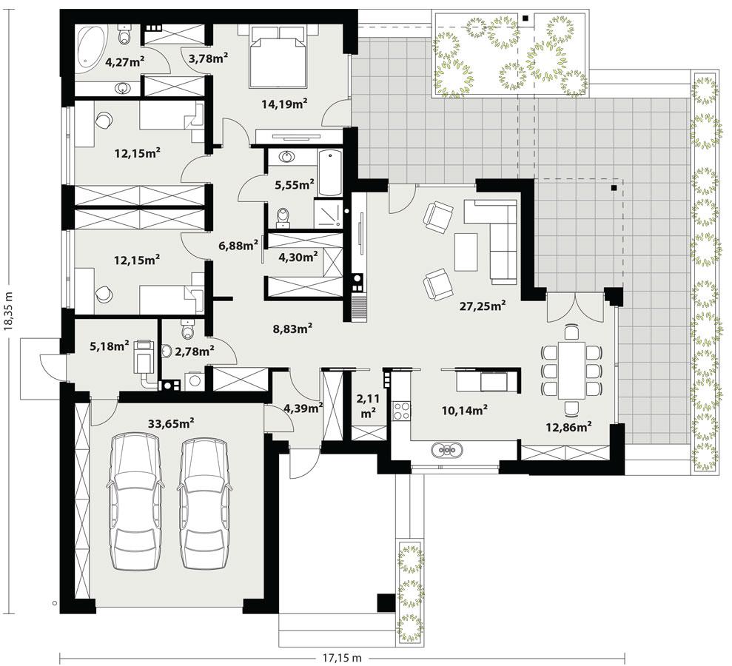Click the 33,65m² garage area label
coord(170,423)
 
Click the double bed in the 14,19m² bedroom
coord(277,55)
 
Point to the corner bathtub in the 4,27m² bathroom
coord(91,44)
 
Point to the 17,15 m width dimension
coord(342,657)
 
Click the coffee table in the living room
coord(466,252)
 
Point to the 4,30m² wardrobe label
coord(298,257)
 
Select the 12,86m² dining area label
coord(568,426)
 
